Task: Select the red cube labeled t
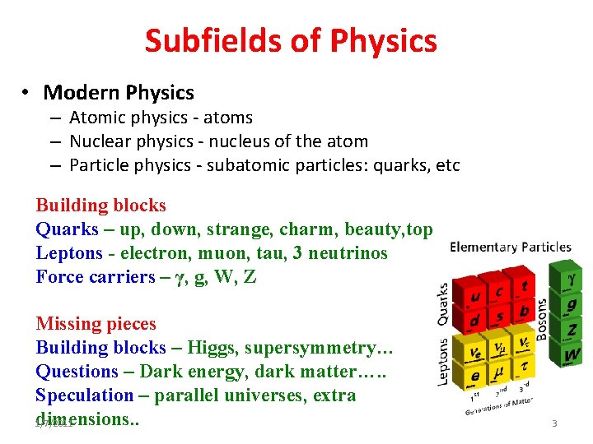pos(525,287)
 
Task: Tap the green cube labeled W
pos(572,355)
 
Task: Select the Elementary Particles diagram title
pos(511,247)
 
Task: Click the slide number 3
pos(554,423)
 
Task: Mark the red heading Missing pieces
pos(96,324)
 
